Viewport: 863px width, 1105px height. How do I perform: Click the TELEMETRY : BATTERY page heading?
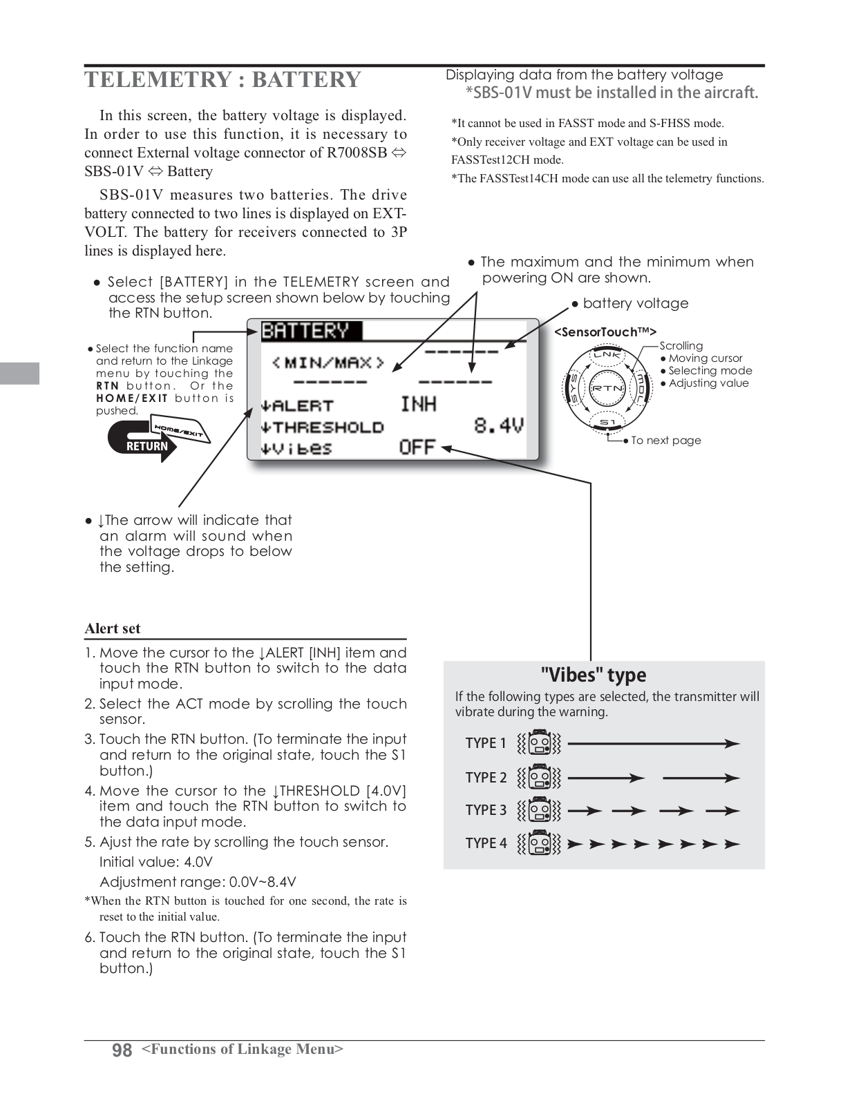click(x=222, y=79)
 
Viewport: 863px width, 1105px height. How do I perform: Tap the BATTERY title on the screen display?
click(x=305, y=331)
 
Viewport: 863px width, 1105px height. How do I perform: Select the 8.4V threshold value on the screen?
click(x=498, y=425)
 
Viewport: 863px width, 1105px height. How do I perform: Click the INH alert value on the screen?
click(x=418, y=404)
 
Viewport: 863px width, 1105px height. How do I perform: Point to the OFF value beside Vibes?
click(x=417, y=448)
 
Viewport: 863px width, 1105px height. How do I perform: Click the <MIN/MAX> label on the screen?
click(x=328, y=362)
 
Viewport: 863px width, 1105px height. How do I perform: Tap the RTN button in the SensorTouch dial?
click(x=607, y=387)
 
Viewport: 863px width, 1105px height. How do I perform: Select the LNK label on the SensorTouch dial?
click(x=607, y=355)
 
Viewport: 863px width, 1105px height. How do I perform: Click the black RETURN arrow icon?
click(x=142, y=442)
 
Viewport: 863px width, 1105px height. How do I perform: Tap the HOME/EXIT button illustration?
click(x=180, y=430)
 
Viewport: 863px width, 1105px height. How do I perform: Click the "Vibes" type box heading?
click(x=593, y=675)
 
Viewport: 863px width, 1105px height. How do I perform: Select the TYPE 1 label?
click(x=486, y=743)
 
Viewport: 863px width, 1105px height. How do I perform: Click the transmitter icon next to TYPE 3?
click(x=540, y=810)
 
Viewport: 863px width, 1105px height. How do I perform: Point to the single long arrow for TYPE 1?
click(x=653, y=744)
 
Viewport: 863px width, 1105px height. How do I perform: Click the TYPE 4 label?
click(x=486, y=843)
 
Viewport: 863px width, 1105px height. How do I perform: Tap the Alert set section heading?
click(x=113, y=628)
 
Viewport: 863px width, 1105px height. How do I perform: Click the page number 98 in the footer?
click(x=122, y=1050)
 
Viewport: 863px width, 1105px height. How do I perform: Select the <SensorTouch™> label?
click(x=605, y=332)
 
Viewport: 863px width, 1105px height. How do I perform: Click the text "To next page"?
click(x=665, y=441)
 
